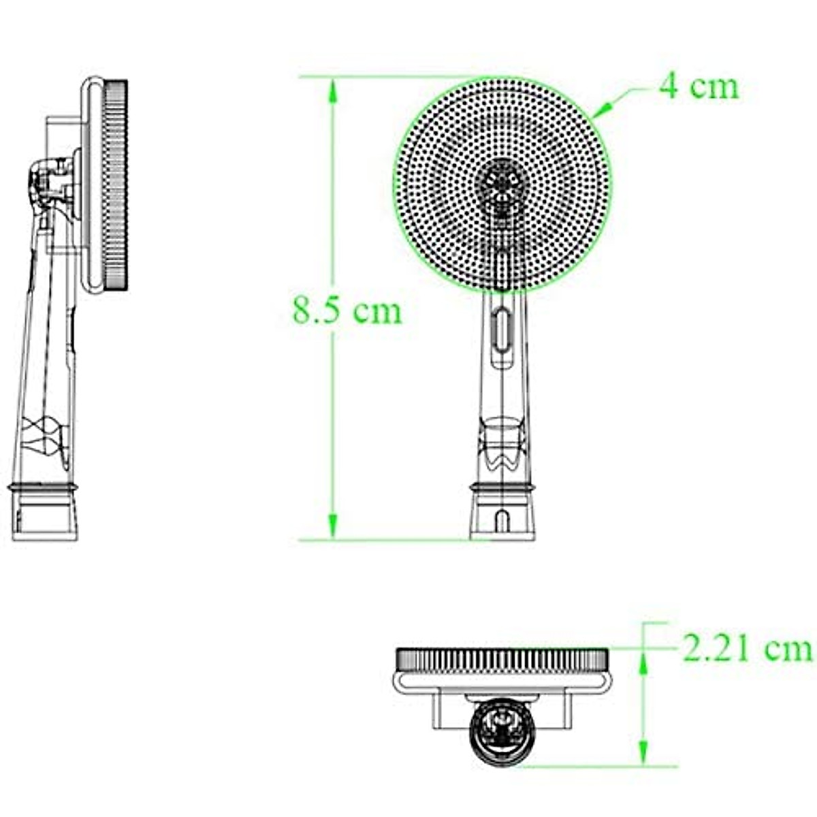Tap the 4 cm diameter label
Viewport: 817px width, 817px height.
tap(699, 87)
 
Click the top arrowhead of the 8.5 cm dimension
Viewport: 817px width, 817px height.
tap(333, 91)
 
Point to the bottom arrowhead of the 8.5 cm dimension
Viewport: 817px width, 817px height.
tap(333, 526)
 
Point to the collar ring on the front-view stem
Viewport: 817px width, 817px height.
tap(502, 486)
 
